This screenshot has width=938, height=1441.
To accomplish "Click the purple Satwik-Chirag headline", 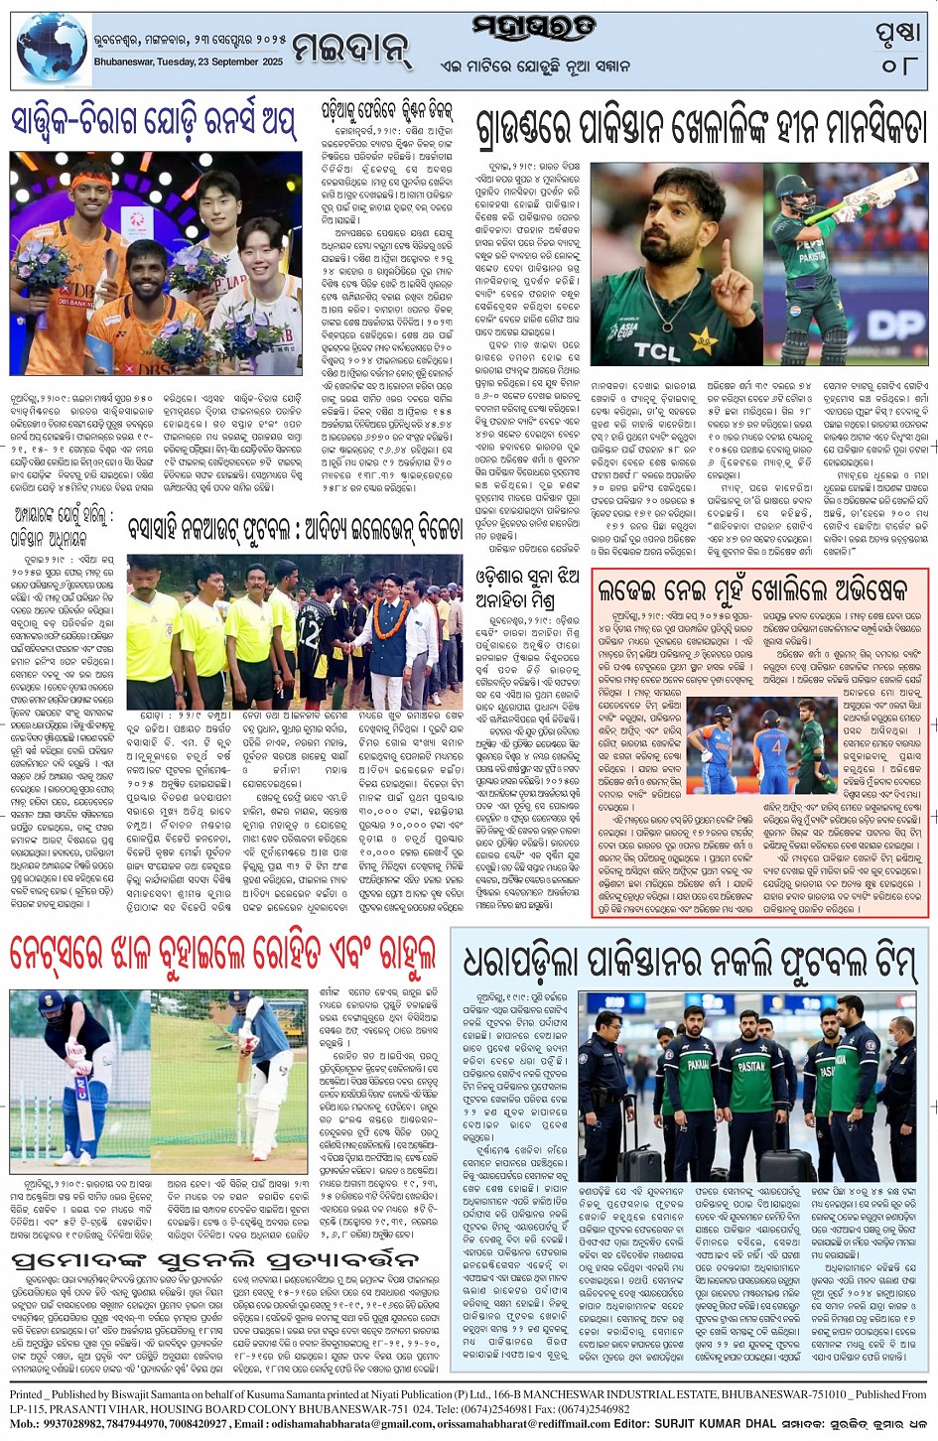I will click(x=154, y=123).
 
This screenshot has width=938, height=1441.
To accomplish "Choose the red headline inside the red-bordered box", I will click(x=752, y=590).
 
